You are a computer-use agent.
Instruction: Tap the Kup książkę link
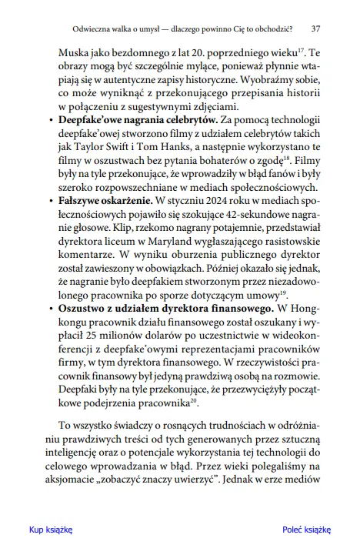pyautogui.click(x=50, y=530)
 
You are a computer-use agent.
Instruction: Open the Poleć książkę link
pyautogui.click(x=305, y=530)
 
